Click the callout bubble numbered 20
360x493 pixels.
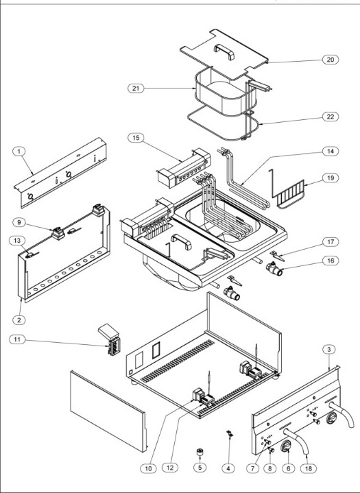tap(331, 60)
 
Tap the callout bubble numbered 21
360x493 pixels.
tap(136, 88)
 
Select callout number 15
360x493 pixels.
tap(136, 138)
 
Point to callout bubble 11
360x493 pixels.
tap(17, 339)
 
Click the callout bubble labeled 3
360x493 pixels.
tap(329, 349)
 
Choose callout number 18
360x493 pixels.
tap(309, 468)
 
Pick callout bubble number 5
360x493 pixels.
tap(200, 467)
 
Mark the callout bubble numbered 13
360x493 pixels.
tap(17, 241)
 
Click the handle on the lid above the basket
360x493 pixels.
tap(224, 52)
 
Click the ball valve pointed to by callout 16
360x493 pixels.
tap(274, 269)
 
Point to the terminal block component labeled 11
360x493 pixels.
tap(110, 340)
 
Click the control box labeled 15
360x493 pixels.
tap(184, 168)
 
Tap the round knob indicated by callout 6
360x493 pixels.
tap(286, 446)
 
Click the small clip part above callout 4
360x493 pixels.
tap(230, 435)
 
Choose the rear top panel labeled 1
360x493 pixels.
tap(60, 173)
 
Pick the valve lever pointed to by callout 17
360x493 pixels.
tap(277, 256)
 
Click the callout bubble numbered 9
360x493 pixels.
tap(19, 222)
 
